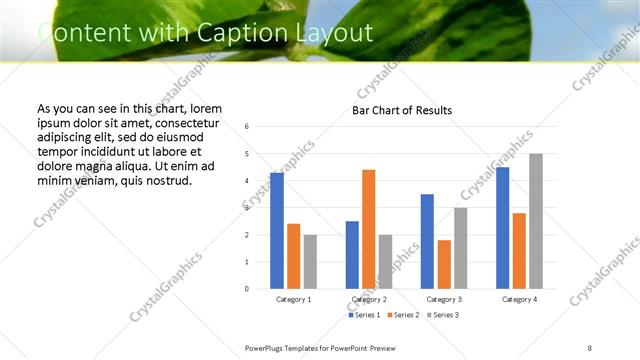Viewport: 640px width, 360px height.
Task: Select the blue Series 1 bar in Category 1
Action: point(277,231)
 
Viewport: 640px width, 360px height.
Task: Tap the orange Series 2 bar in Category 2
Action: point(369,229)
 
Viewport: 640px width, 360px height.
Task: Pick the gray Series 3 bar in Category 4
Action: point(536,221)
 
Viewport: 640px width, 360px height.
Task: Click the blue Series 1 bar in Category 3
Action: point(427,241)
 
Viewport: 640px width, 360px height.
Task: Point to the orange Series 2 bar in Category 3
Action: point(444,264)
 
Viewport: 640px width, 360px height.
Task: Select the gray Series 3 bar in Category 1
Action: point(311,261)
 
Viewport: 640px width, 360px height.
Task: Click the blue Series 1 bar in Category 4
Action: point(502,228)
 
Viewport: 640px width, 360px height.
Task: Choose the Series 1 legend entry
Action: point(364,315)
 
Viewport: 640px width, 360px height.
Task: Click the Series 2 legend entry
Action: point(401,315)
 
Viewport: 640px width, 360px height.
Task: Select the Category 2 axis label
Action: point(369,299)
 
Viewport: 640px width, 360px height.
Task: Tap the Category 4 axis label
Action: point(519,299)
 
